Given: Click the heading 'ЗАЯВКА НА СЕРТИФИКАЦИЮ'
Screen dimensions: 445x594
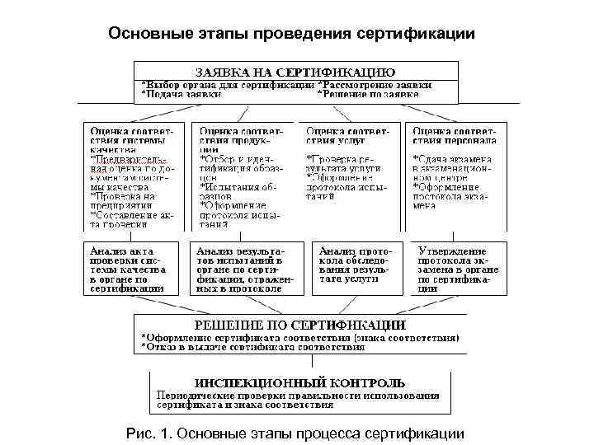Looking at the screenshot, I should [x=295, y=72].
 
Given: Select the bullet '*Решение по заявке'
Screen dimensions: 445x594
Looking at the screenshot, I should [x=369, y=95].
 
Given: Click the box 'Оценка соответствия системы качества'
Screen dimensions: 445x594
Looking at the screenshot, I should [x=132, y=176].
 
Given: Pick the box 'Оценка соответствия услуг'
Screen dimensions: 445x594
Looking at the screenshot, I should [x=350, y=176].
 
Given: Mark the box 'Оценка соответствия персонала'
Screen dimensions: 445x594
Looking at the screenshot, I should [x=456, y=176].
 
